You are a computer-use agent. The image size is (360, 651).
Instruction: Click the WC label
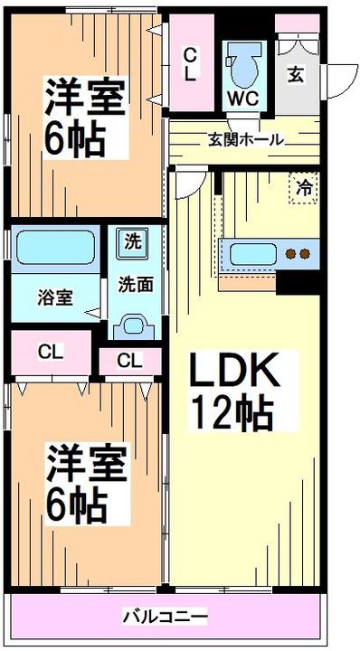[x=242, y=99]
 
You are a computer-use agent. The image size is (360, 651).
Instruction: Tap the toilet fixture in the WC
[x=243, y=66]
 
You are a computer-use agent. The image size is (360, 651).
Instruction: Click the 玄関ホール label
[x=246, y=140]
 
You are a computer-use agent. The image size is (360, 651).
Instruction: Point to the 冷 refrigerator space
[x=304, y=188]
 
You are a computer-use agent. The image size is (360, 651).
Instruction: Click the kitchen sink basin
[x=253, y=254]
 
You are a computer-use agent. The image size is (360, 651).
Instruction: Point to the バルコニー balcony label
[x=165, y=616]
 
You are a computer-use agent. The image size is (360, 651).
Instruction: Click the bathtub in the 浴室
[x=55, y=248]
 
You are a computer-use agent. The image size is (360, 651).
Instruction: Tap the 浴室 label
[x=56, y=298]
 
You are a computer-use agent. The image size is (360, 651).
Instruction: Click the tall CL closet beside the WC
[x=192, y=62]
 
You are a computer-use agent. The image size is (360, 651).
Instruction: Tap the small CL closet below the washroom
[x=130, y=362]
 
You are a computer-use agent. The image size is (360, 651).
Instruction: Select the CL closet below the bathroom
[x=51, y=353]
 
